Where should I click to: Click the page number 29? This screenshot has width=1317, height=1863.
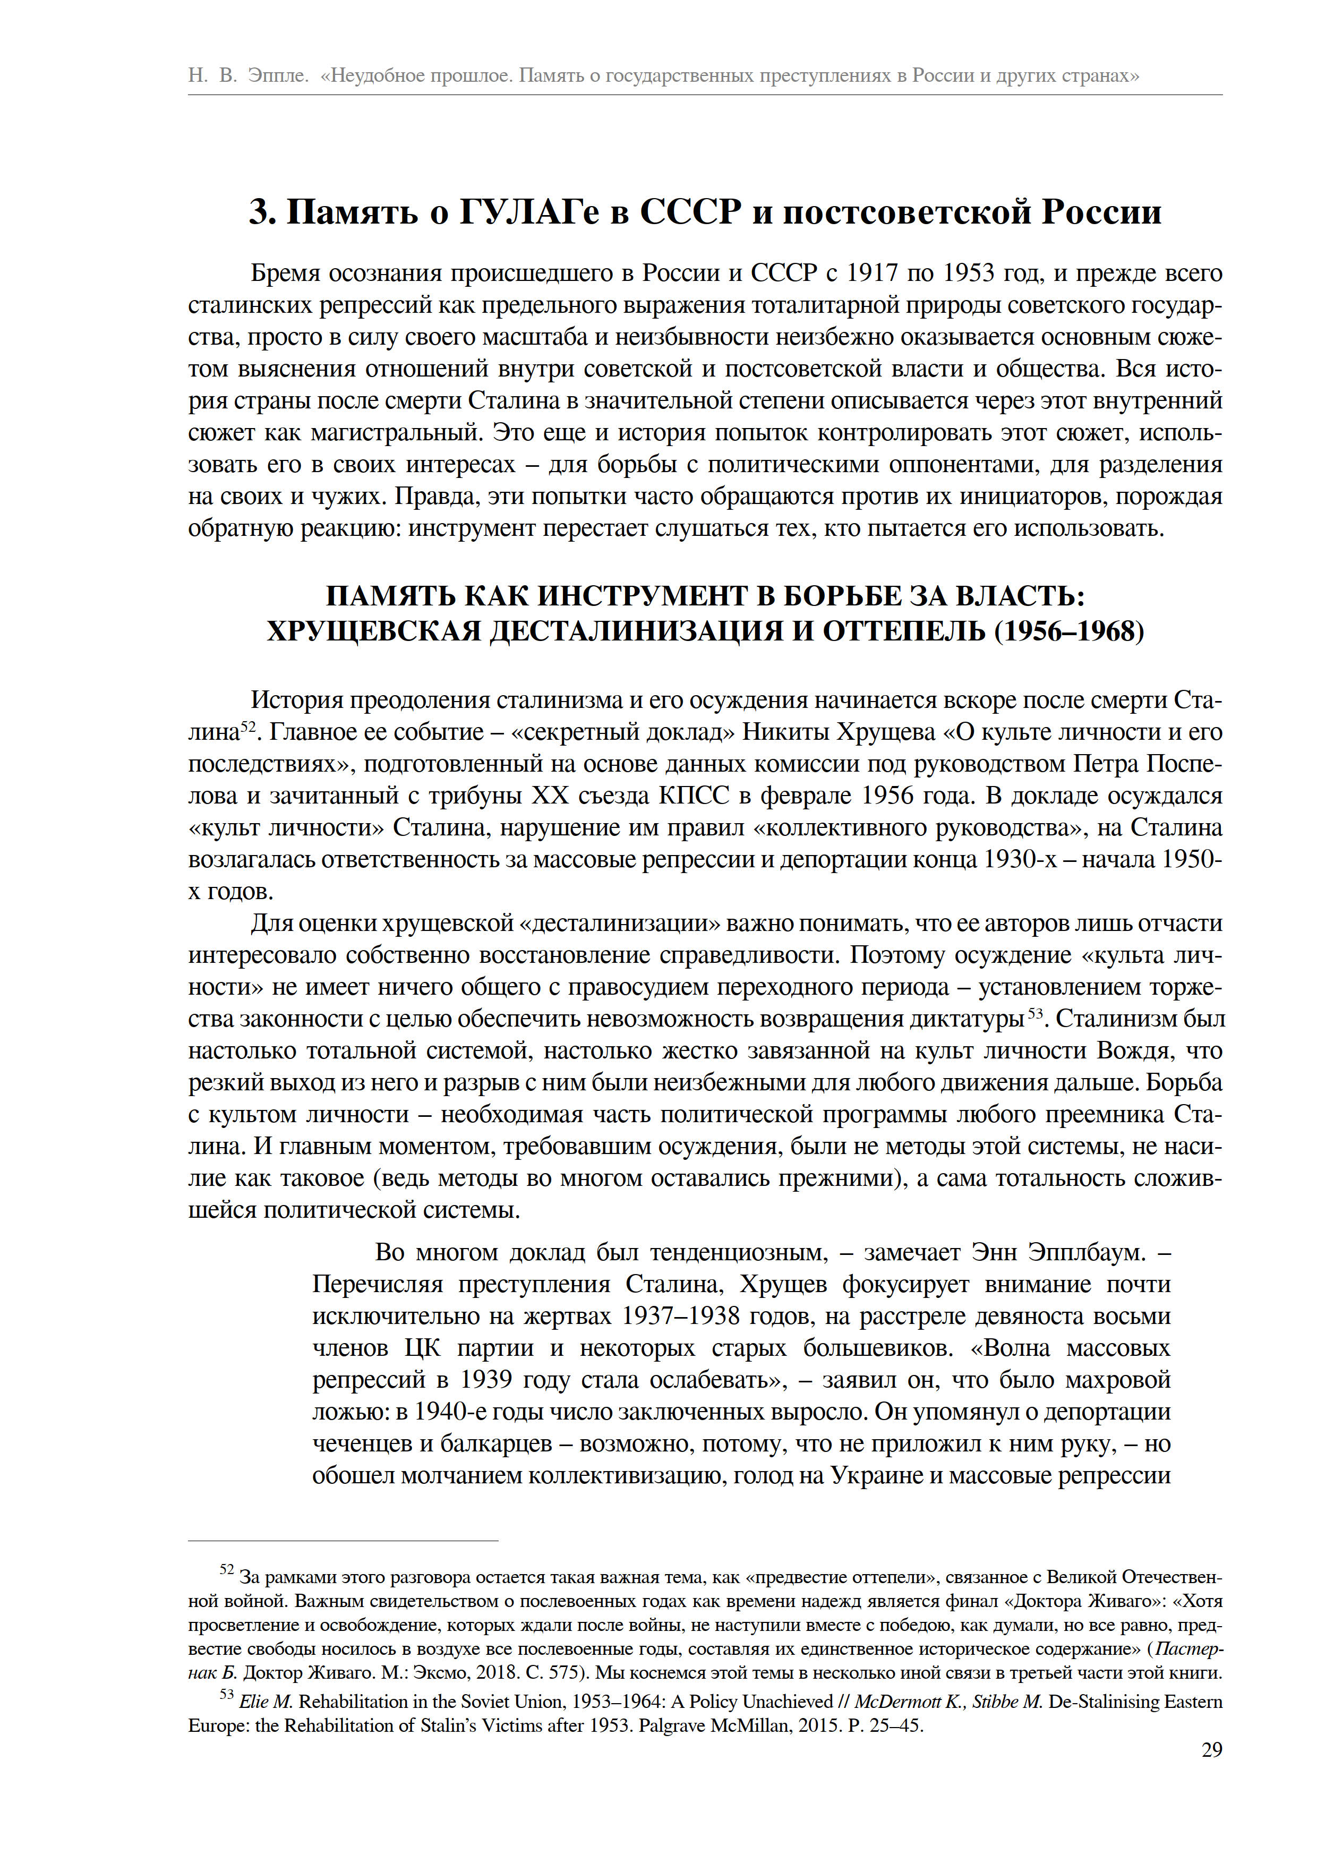pyautogui.click(x=1211, y=1750)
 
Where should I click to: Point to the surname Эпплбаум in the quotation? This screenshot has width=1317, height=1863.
pyautogui.click(x=1087, y=1253)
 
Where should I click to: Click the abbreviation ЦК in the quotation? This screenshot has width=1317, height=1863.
pyautogui.click(x=422, y=1348)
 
